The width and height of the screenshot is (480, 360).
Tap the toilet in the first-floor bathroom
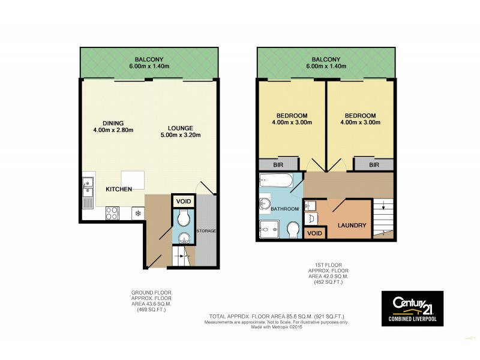click(x=293, y=230)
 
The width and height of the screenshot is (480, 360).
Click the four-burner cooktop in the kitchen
click(x=112, y=212)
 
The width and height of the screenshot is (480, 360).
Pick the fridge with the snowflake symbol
click(x=137, y=214)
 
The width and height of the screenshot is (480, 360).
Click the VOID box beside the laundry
click(x=314, y=233)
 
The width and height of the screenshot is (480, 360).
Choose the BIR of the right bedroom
click(x=374, y=164)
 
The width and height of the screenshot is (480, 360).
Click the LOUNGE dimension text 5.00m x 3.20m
click(x=180, y=135)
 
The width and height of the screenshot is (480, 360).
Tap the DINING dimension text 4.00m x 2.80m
click(x=113, y=130)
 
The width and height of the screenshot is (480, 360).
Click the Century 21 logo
click(x=412, y=308)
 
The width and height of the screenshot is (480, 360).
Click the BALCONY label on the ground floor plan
click(x=149, y=59)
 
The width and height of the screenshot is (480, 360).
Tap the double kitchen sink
click(x=88, y=187)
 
